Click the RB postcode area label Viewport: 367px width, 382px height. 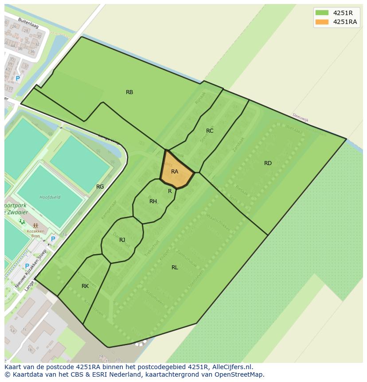coord(129,92)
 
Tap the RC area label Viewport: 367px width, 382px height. coord(210,131)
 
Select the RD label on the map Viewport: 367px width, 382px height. coord(268,163)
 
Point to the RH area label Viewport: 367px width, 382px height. coord(153,201)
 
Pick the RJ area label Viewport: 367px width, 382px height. coord(122,240)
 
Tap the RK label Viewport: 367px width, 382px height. coord(85,286)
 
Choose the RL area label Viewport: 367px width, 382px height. coord(175,267)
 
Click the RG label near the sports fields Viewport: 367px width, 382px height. coord(100,187)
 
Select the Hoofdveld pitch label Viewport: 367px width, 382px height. coord(50,197)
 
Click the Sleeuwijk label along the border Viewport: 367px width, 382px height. coord(300,118)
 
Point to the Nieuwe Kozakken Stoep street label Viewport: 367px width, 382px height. coord(31,268)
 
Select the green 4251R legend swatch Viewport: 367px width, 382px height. coord(322,12)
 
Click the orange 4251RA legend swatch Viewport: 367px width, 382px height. coord(322,22)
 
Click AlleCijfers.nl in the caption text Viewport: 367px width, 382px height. coord(231,367)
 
